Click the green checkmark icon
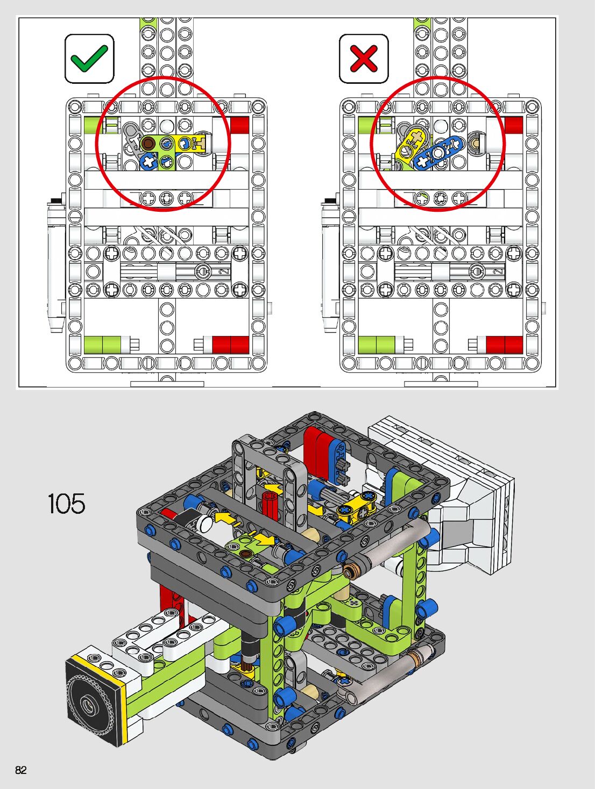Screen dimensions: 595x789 pyautogui.click(x=89, y=58)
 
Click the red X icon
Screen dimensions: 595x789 pyautogui.click(x=363, y=58)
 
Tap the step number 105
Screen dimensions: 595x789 pyautogui.click(x=67, y=504)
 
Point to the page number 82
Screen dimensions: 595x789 pyautogui.click(x=21, y=770)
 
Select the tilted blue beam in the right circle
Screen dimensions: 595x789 pyautogui.click(x=437, y=153)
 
